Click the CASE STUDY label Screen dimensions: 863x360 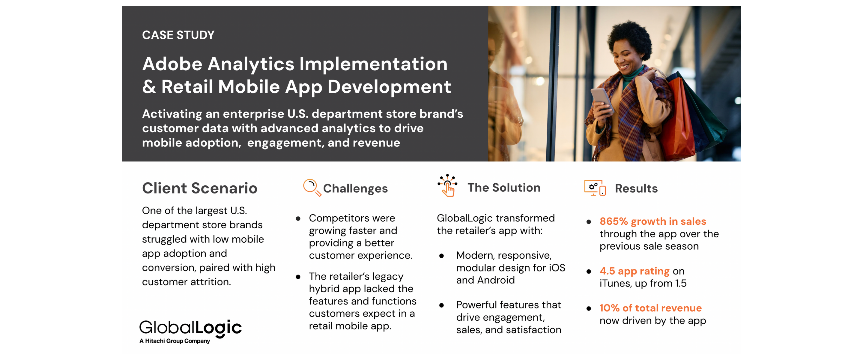[178, 35]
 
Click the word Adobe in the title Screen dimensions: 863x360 [172, 64]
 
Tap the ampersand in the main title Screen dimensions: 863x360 [149, 86]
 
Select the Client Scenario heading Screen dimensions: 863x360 [200, 188]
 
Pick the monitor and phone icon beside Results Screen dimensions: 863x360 [595, 188]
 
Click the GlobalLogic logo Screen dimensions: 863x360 [190, 328]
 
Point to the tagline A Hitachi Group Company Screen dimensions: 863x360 [175, 341]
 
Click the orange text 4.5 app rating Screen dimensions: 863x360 [634, 271]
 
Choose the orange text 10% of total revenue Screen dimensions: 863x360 [650, 308]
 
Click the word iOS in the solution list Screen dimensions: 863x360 [557, 268]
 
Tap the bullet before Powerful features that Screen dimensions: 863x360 [442, 305]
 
